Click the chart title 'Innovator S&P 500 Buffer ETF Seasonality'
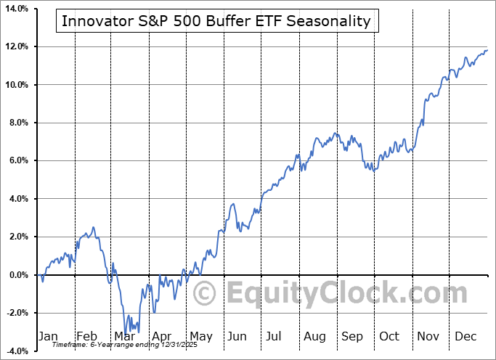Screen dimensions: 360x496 pyautogui.click(x=216, y=20)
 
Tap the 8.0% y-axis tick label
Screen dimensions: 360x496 pyautogui.click(x=18, y=123)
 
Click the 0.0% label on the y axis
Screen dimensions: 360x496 pyautogui.click(x=18, y=275)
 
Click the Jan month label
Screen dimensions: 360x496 pyautogui.click(x=48, y=336)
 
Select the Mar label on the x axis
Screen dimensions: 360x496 pyautogui.click(x=124, y=336)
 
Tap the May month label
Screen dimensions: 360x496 pyautogui.click(x=200, y=336)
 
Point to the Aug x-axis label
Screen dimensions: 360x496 pyautogui.click(x=314, y=336)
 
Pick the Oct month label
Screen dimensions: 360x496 pyautogui.click(x=390, y=336)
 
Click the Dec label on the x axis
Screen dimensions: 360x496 pyautogui.click(x=466, y=336)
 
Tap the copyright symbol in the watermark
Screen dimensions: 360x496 pyautogui.click(x=206, y=294)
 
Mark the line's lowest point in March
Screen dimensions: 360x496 pyautogui.click(x=126, y=333)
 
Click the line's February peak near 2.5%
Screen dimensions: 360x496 pyautogui.click(x=93, y=227)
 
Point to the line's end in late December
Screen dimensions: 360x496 pyautogui.click(x=487, y=50)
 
